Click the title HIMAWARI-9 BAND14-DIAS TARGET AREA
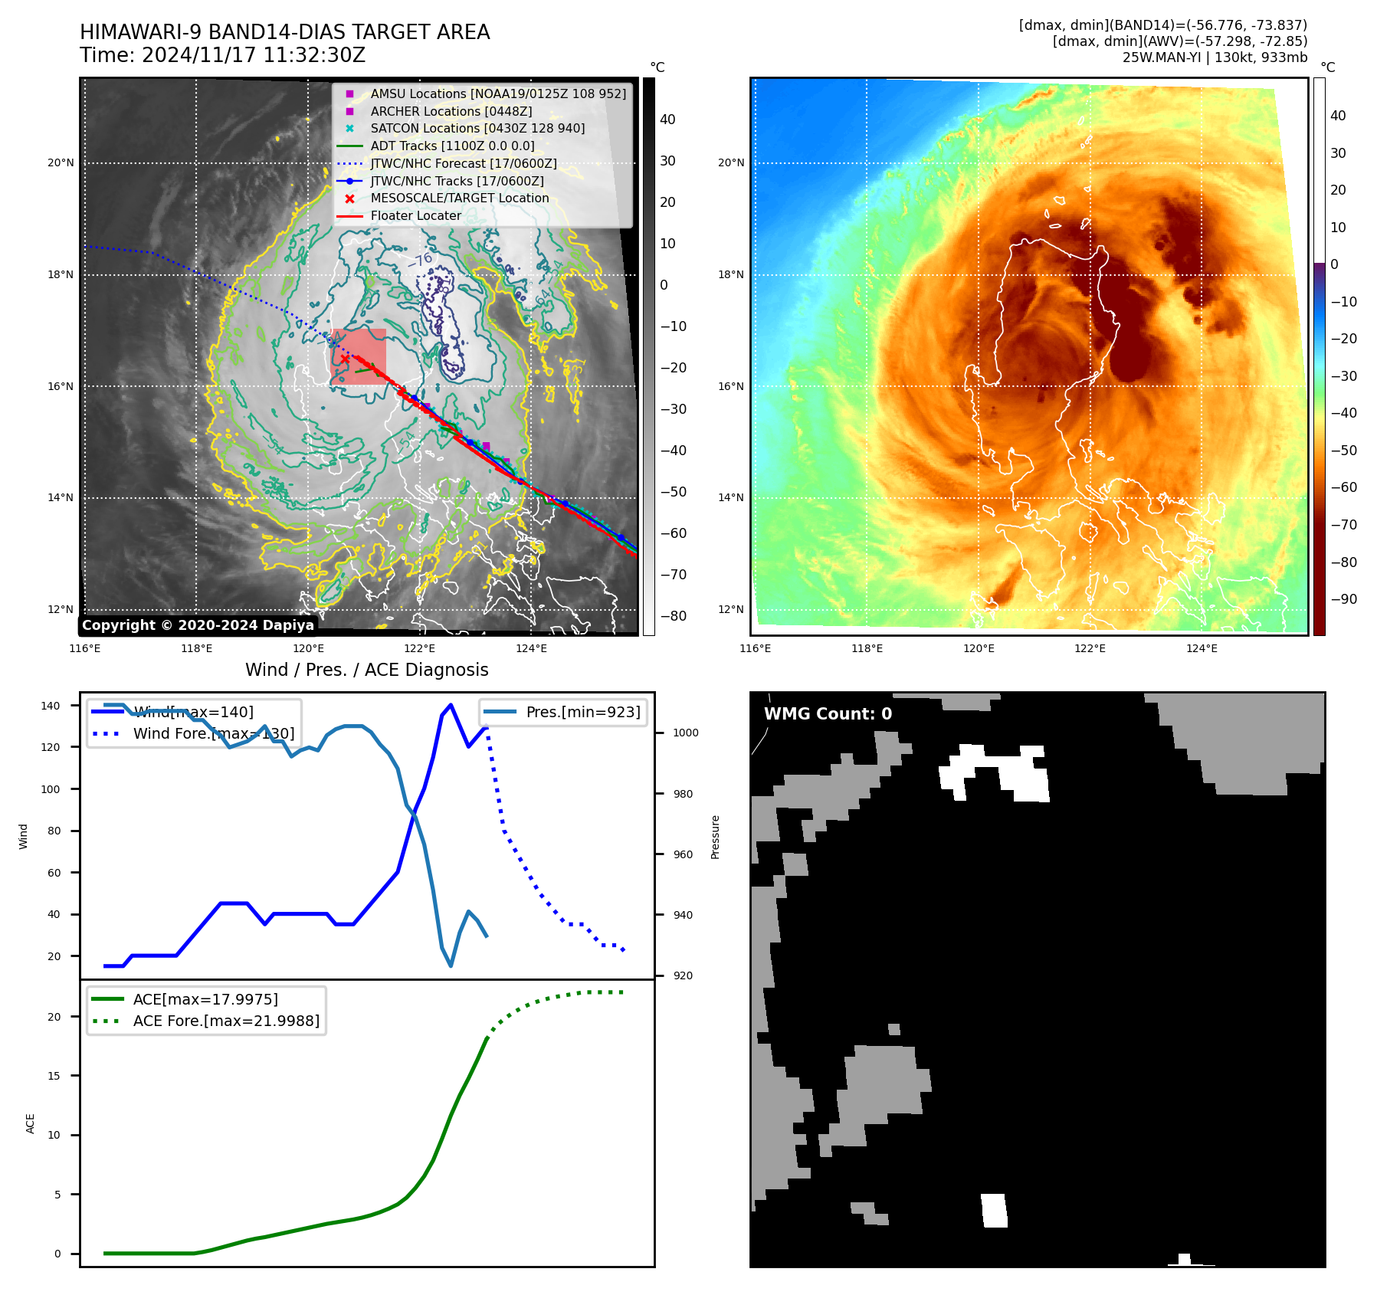pyautogui.click(x=284, y=33)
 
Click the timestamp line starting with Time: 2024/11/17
pyautogui.click(x=222, y=56)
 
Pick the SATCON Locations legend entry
pyautogui.click(x=477, y=129)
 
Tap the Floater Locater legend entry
pyautogui.click(x=416, y=216)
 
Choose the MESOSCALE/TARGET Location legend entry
pyautogui.click(x=460, y=198)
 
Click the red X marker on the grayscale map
pyautogui.click(x=345, y=359)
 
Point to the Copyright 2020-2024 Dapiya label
pyautogui.click(x=198, y=625)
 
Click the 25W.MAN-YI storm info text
pyautogui.click(x=1215, y=57)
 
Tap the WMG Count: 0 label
pyautogui.click(x=828, y=714)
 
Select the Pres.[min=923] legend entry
pyautogui.click(x=583, y=712)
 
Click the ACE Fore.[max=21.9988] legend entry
pyautogui.click(x=226, y=1021)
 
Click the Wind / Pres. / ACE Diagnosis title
pyautogui.click(x=366, y=670)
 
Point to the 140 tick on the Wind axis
pyautogui.click(x=51, y=706)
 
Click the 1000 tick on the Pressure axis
pyautogui.click(x=685, y=733)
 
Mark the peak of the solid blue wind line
pyautogui.click(x=451, y=704)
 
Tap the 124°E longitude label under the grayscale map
pyautogui.click(x=531, y=648)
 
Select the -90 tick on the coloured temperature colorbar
pyautogui.click(x=1343, y=599)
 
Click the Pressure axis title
pyautogui.click(x=715, y=837)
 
